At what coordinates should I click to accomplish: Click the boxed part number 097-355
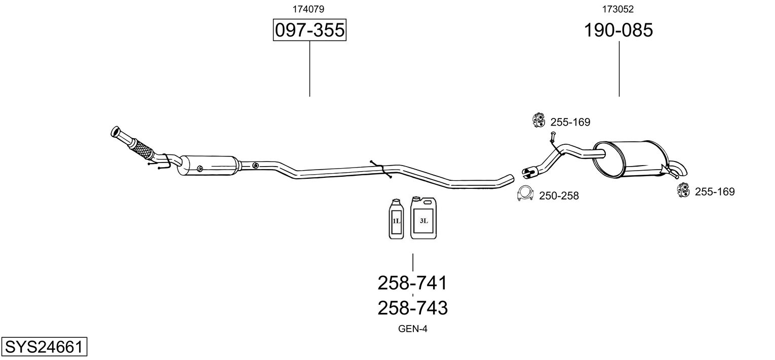(x=309, y=30)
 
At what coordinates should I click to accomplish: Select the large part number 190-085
(x=618, y=30)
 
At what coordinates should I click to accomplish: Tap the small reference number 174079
(x=308, y=9)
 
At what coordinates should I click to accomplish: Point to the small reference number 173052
(x=618, y=9)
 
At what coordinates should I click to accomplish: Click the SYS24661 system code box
(x=44, y=347)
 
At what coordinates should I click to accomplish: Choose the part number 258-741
(x=412, y=283)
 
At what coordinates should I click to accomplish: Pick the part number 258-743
(x=412, y=307)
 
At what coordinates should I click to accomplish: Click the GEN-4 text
(x=413, y=329)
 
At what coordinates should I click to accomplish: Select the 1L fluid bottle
(x=396, y=220)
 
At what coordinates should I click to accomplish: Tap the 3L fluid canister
(x=423, y=218)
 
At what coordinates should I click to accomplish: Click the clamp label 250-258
(x=559, y=195)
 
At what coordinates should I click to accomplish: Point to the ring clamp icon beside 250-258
(x=526, y=194)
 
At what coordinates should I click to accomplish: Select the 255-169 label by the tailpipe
(x=714, y=192)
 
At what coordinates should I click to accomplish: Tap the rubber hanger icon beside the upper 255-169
(x=538, y=120)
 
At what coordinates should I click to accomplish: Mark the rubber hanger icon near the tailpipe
(x=683, y=190)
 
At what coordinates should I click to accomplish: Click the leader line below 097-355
(x=309, y=68)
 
